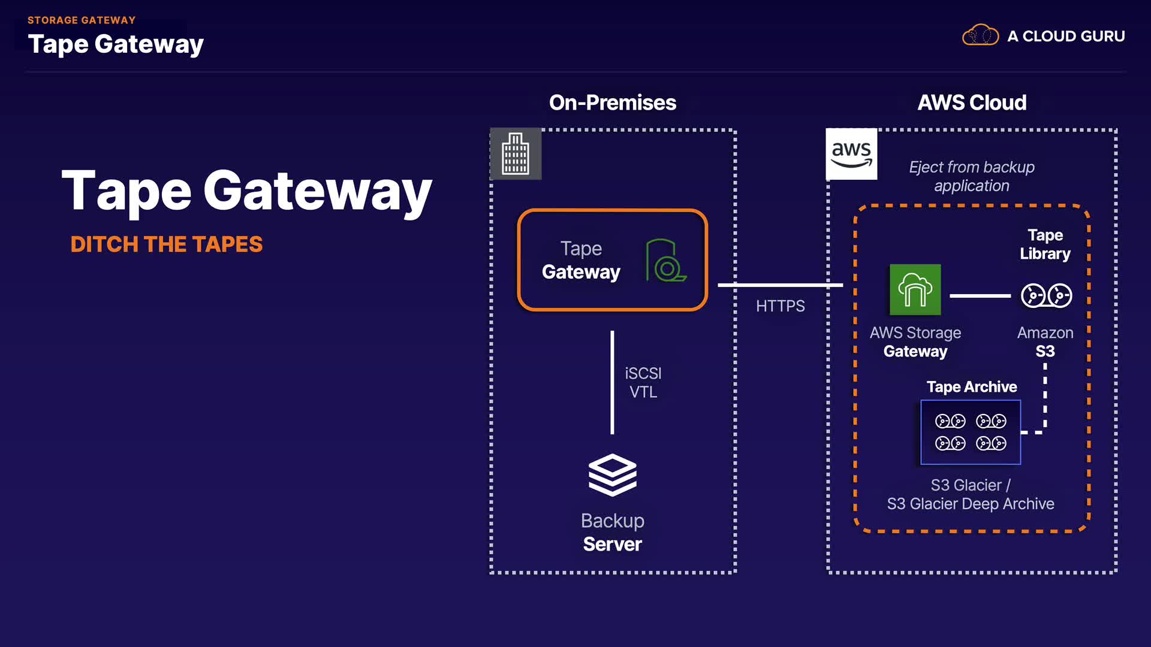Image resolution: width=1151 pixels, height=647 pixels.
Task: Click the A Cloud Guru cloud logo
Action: pyautogui.click(x=980, y=35)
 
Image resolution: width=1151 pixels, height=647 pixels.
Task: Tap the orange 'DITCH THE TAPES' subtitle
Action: pyautogui.click(x=166, y=244)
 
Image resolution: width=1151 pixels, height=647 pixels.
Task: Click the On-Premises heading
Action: pyautogui.click(x=612, y=102)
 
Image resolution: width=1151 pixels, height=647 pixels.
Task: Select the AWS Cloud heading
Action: pyautogui.click(x=972, y=102)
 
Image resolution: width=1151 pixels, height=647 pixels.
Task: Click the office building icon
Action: pyautogui.click(x=516, y=154)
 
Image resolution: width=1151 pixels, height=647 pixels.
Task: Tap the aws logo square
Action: pyautogui.click(x=851, y=154)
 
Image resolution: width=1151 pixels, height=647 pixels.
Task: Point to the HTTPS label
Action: pyautogui.click(x=780, y=306)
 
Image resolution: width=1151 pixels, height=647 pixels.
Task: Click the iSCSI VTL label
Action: pyautogui.click(x=643, y=382)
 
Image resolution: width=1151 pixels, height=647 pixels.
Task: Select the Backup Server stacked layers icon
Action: pyautogui.click(x=612, y=475)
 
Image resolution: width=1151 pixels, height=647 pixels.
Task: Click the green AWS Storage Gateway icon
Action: pyautogui.click(x=915, y=290)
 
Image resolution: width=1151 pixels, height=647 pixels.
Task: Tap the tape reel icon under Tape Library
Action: pyautogui.click(x=1046, y=295)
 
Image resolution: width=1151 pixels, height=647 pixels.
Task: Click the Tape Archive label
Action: pyautogui.click(x=971, y=387)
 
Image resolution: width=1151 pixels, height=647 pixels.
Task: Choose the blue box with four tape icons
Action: pyautogui.click(x=970, y=432)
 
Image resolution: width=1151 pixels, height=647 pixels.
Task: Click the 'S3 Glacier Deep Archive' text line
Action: pyautogui.click(x=970, y=504)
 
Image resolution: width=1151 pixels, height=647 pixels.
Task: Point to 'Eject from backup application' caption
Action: pyautogui.click(x=971, y=176)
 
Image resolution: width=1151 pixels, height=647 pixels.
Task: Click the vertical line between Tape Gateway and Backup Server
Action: pyautogui.click(x=612, y=382)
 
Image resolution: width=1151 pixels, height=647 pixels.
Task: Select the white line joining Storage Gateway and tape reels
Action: pyautogui.click(x=980, y=295)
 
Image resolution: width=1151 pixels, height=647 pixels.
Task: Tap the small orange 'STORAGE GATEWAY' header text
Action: pyautogui.click(x=82, y=20)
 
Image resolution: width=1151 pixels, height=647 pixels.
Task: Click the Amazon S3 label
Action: pyautogui.click(x=1045, y=342)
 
